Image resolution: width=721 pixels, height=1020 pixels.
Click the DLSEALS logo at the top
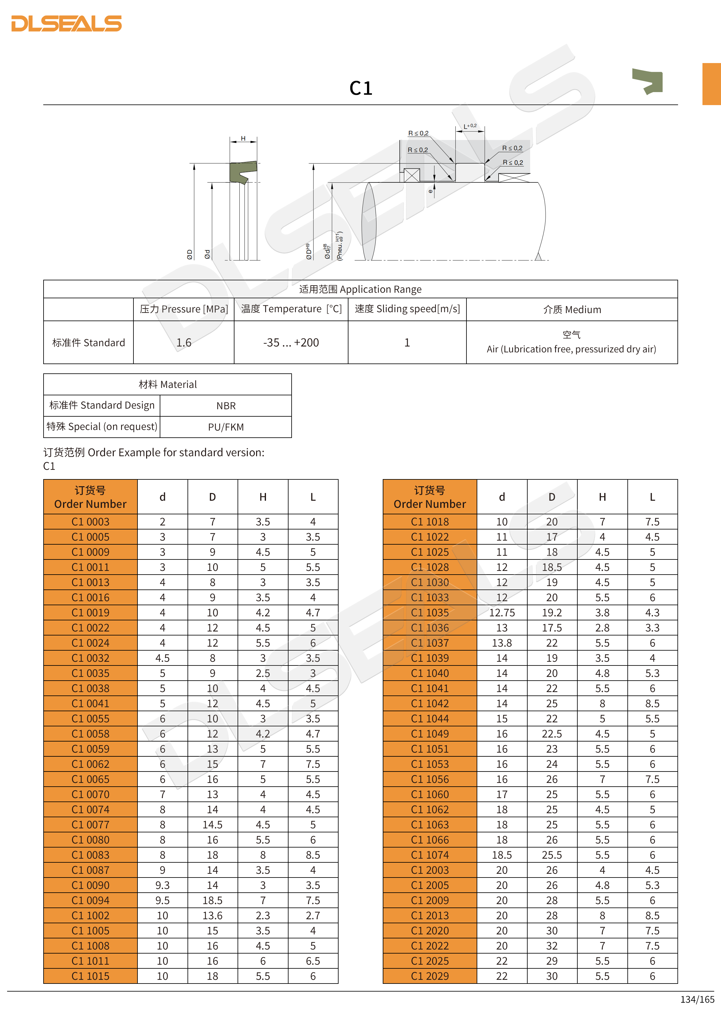pos(67,23)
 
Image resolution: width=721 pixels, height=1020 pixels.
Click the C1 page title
pos(360,88)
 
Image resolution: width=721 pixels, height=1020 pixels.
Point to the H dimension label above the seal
pos(243,138)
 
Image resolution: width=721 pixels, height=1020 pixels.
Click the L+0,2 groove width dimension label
pos(470,126)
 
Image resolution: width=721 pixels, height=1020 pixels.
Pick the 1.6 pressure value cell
pos(184,342)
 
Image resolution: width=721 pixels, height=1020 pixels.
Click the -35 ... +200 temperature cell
pos(291,342)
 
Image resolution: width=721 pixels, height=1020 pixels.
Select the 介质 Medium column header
pos(572,310)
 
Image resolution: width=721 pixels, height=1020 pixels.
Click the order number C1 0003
pos(91,521)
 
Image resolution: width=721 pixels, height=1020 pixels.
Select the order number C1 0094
pos(91,900)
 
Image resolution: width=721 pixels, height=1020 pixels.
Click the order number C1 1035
pos(430,613)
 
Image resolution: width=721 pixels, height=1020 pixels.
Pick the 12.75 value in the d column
pos(502,613)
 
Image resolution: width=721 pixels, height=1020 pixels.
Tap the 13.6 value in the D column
pos(212,916)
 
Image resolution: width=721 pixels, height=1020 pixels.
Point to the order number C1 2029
pos(430,976)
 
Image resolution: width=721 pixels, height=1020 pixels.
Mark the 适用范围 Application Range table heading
pos(360,289)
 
